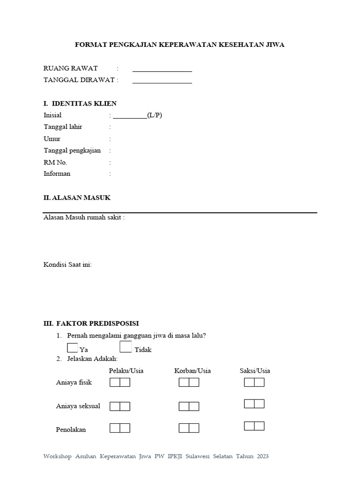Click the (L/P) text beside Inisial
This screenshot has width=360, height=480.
pos(155,115)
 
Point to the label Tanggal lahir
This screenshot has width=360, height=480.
pos(63,127)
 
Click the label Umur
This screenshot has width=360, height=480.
pos(52,139)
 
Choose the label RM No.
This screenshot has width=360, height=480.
pos(55,162)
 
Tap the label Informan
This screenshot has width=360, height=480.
pos(57,173)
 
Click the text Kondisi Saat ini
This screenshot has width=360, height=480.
pos(67,265)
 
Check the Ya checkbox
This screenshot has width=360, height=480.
pos(73,347)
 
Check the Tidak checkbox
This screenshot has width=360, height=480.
pos(126,347)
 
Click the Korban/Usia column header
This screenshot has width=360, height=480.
pos(192,371)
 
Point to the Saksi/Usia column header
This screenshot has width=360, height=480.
pos(255,371)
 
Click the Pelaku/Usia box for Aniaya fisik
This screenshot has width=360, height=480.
pos(120,382)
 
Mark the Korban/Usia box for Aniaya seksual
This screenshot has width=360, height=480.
pos(189,406)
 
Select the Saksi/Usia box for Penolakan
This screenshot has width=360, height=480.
pos(254,426)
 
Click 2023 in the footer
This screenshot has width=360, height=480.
pos(262,456)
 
